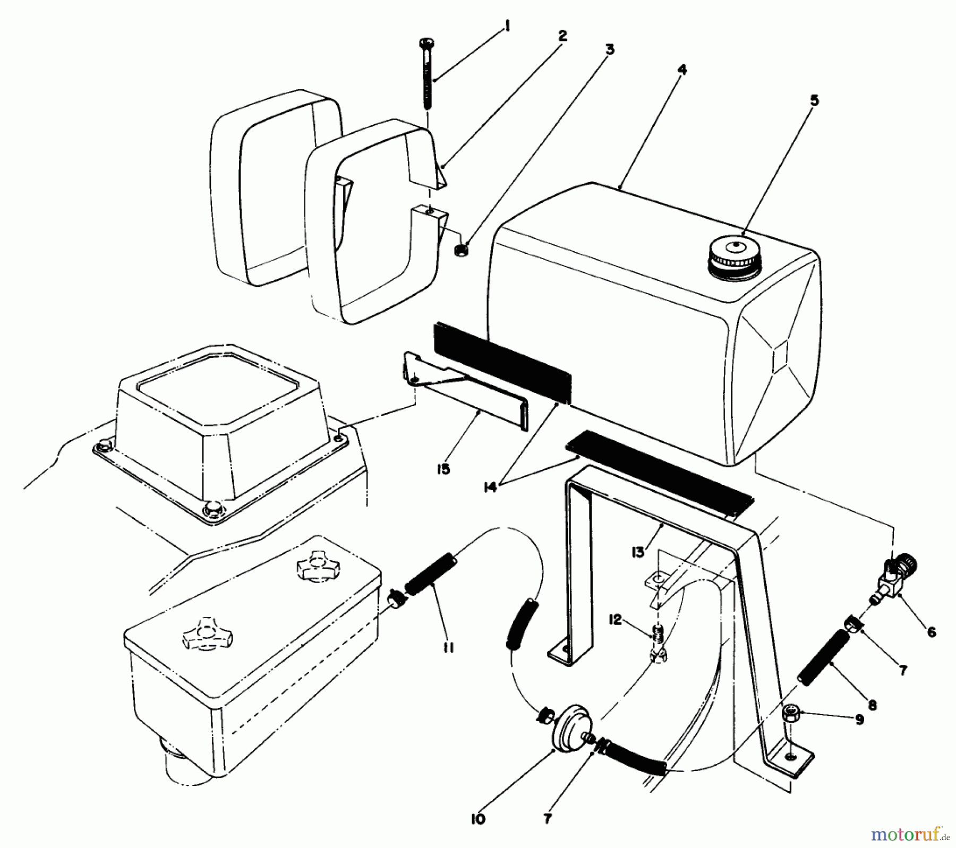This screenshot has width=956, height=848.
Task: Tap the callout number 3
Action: (x=610, y=49)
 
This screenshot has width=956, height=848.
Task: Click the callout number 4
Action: (x=682, y=69)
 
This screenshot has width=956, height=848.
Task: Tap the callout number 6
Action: (x=931, y=632)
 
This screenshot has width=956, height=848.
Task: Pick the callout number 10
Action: (x=477, y=804)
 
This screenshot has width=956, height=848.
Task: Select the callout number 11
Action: (x=448, y=647)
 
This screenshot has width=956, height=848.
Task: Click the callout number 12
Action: (x=615, y=620)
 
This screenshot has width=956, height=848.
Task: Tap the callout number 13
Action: (x=638, y=552)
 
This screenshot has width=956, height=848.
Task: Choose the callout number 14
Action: (x=490, y=486)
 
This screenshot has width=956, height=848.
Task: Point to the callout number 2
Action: (x=562, y=36)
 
